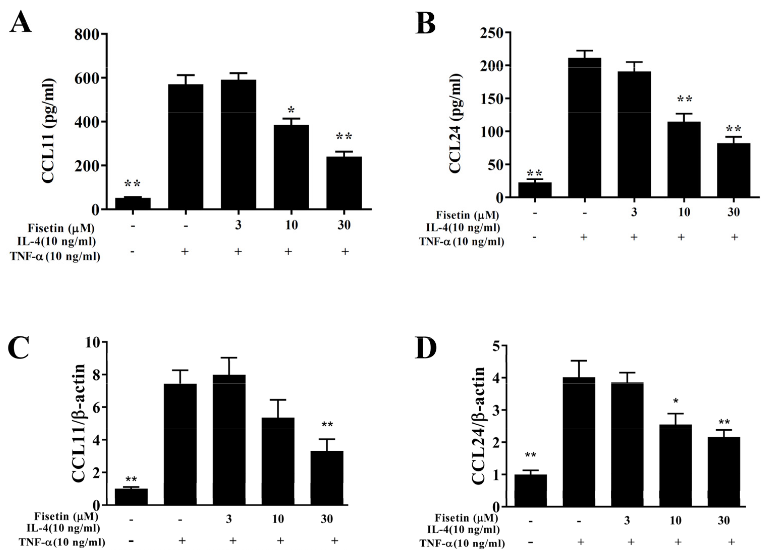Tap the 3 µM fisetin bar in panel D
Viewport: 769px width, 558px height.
click(x=627, y=444)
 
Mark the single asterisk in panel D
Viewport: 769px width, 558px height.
click(x=675, y=402)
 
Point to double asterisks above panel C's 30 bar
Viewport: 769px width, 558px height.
click(x=327, y=425)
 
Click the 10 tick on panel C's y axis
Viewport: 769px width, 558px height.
click(x=94, y=342)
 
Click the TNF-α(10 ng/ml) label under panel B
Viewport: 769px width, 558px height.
click(x=462, y=241)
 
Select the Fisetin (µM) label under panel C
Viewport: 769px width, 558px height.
click(x=66, y=517)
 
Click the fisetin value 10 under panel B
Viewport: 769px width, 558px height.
click(x=684, y=212)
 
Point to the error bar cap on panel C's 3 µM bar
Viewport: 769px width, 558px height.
click(x=229, y=358)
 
